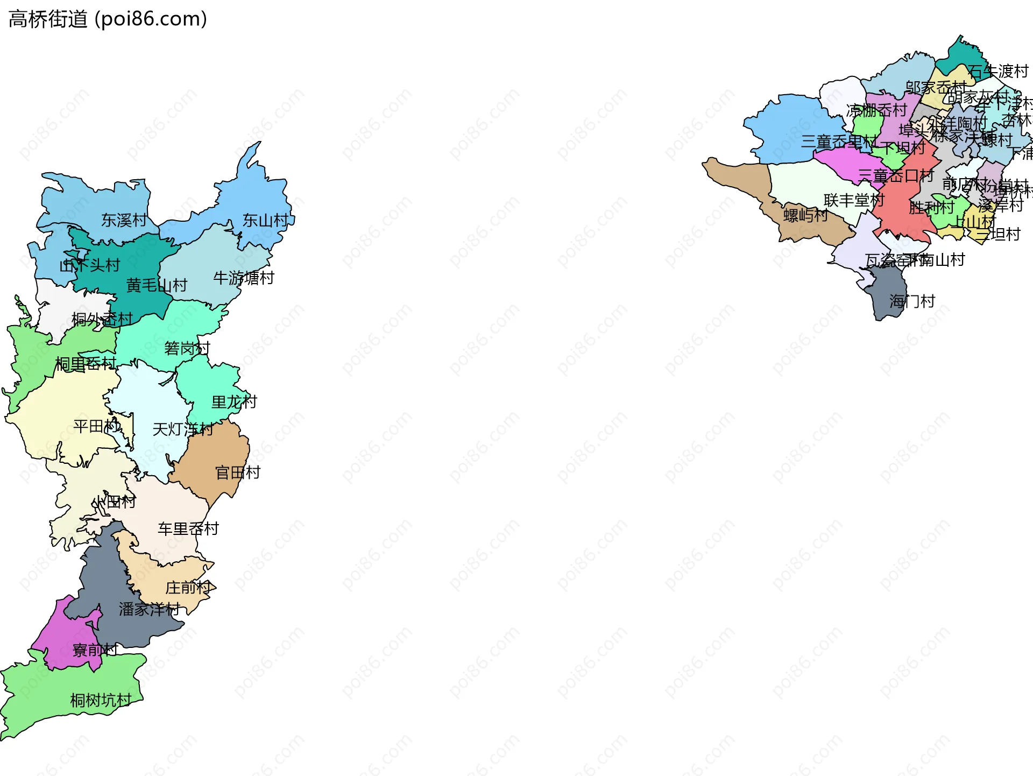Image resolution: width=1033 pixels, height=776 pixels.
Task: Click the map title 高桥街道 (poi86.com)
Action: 108,19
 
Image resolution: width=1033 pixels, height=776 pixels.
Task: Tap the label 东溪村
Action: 124,220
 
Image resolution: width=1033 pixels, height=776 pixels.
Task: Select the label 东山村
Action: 265,220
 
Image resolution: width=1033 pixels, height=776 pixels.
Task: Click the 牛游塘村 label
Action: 244,278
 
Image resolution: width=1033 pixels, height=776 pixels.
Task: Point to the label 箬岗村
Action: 187,348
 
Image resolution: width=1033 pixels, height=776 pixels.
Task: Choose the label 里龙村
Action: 234,402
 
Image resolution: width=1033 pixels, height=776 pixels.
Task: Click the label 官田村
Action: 238,472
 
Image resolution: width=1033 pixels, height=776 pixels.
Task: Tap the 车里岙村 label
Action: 188,528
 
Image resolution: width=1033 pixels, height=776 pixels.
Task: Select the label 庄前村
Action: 188,587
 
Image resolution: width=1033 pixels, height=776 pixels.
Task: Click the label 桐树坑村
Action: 101,700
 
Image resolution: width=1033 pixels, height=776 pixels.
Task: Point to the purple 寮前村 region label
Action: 95,650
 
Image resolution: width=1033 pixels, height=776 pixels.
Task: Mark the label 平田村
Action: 96,426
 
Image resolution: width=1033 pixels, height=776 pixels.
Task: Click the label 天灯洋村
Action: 183,429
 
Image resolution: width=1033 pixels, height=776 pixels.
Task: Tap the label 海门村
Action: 912,301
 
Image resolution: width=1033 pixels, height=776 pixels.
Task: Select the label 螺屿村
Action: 805,215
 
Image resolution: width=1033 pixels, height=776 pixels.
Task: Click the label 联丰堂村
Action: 854,200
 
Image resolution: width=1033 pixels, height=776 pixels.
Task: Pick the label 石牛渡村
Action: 997,71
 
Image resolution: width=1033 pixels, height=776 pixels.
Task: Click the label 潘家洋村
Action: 149,609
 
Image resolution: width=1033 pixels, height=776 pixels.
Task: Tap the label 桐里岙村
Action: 86,364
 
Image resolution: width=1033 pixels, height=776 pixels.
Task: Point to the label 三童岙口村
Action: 895,175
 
